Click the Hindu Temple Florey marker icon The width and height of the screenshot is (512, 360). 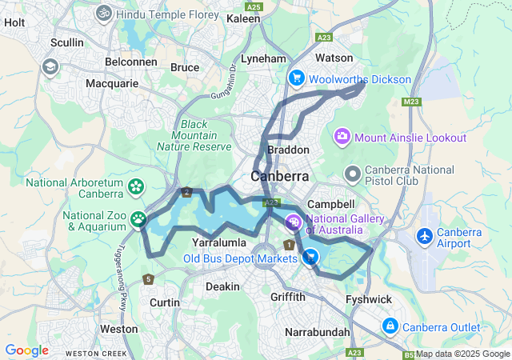(x=104, y=13)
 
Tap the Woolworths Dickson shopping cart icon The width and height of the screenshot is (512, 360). (x=296, y=78)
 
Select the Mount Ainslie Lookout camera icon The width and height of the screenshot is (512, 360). (x=342, y=137)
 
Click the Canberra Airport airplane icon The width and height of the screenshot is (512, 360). (x=424, y=237)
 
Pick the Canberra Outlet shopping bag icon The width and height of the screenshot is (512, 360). (x=390, y=326)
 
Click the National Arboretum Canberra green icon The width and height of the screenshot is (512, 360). (x=135, y=187)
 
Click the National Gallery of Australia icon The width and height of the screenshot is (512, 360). (x=294, y=222)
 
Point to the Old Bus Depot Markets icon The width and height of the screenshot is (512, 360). (x=310, y=257)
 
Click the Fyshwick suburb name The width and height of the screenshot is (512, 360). (x=367, y=298)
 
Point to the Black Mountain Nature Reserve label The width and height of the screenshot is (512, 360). (x=194, y=135)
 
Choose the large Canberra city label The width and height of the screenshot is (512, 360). (x=280, y=176)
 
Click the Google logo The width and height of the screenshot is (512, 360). (x=26, y=350)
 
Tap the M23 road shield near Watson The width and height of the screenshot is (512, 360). (x=412, y=102)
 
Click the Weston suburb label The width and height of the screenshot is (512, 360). (x=118, y=329)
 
